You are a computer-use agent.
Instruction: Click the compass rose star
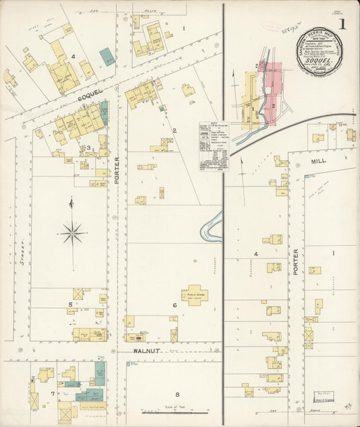coord(72,232)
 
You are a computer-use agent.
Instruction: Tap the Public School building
coord(194,295)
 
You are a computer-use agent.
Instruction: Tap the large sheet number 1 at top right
coord(342,25)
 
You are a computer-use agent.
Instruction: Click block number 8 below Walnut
coord(178,395)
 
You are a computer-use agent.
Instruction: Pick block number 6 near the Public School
coord(174,305)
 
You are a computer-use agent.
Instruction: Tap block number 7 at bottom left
coord(51,393)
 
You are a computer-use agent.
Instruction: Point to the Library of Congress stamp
coord(324,396)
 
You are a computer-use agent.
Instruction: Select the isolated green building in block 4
coord(107,56)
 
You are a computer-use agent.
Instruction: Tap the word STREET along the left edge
coord(22,259)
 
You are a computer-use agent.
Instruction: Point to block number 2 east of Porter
coord(174,130)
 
